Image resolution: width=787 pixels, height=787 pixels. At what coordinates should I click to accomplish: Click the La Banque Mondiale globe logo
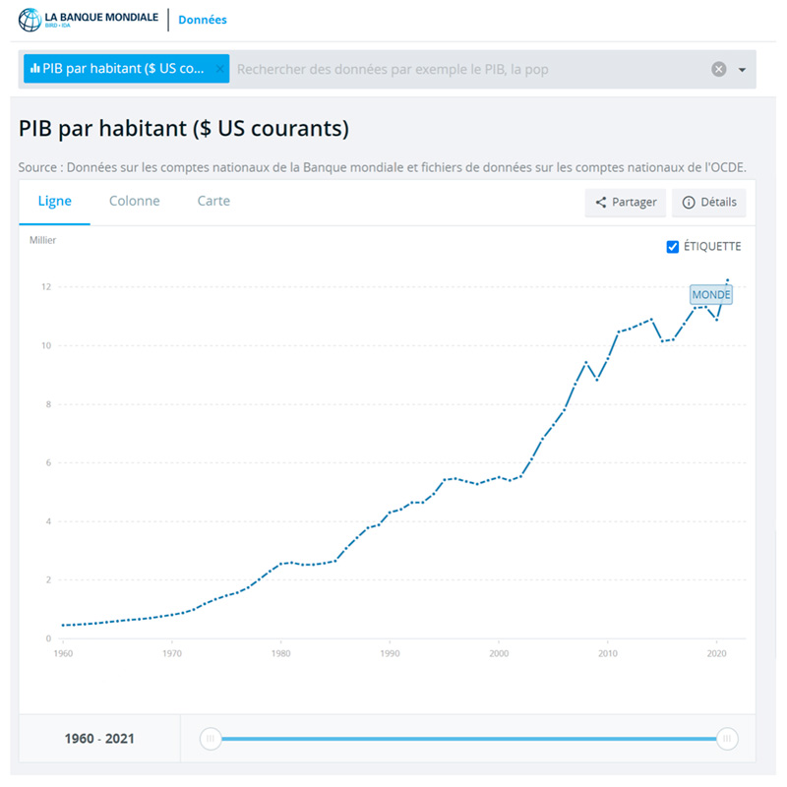[30, 20]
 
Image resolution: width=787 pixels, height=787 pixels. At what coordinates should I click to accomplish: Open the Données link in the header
[203, 20]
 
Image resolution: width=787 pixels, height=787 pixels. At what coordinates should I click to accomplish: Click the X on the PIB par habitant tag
[219, 70]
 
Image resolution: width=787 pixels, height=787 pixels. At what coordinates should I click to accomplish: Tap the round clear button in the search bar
[719, 69]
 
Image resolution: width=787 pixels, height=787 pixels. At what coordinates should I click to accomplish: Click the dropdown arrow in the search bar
[742, 70]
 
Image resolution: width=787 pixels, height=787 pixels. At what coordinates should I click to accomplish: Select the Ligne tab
[55, 201]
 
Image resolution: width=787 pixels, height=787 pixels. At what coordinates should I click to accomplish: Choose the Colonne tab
[135, 201]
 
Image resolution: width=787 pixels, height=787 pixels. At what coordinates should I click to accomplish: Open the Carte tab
[213, 201]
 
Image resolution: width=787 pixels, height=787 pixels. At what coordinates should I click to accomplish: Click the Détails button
[709, 203]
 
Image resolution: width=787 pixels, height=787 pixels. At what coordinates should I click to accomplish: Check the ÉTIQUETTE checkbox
[673, 247]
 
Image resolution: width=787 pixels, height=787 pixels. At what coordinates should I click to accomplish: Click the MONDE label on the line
[711, 294]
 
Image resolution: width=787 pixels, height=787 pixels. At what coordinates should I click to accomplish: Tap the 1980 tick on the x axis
[281, 653]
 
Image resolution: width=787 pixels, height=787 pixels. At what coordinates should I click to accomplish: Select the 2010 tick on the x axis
[608, 653]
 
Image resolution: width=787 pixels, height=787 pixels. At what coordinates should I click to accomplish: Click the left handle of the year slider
[211, 739]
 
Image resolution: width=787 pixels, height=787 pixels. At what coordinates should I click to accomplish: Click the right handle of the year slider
[728, 739]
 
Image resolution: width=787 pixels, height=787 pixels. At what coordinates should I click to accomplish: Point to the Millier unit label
[42, 240]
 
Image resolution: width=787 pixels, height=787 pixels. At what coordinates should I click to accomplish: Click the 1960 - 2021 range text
[99, 739]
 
